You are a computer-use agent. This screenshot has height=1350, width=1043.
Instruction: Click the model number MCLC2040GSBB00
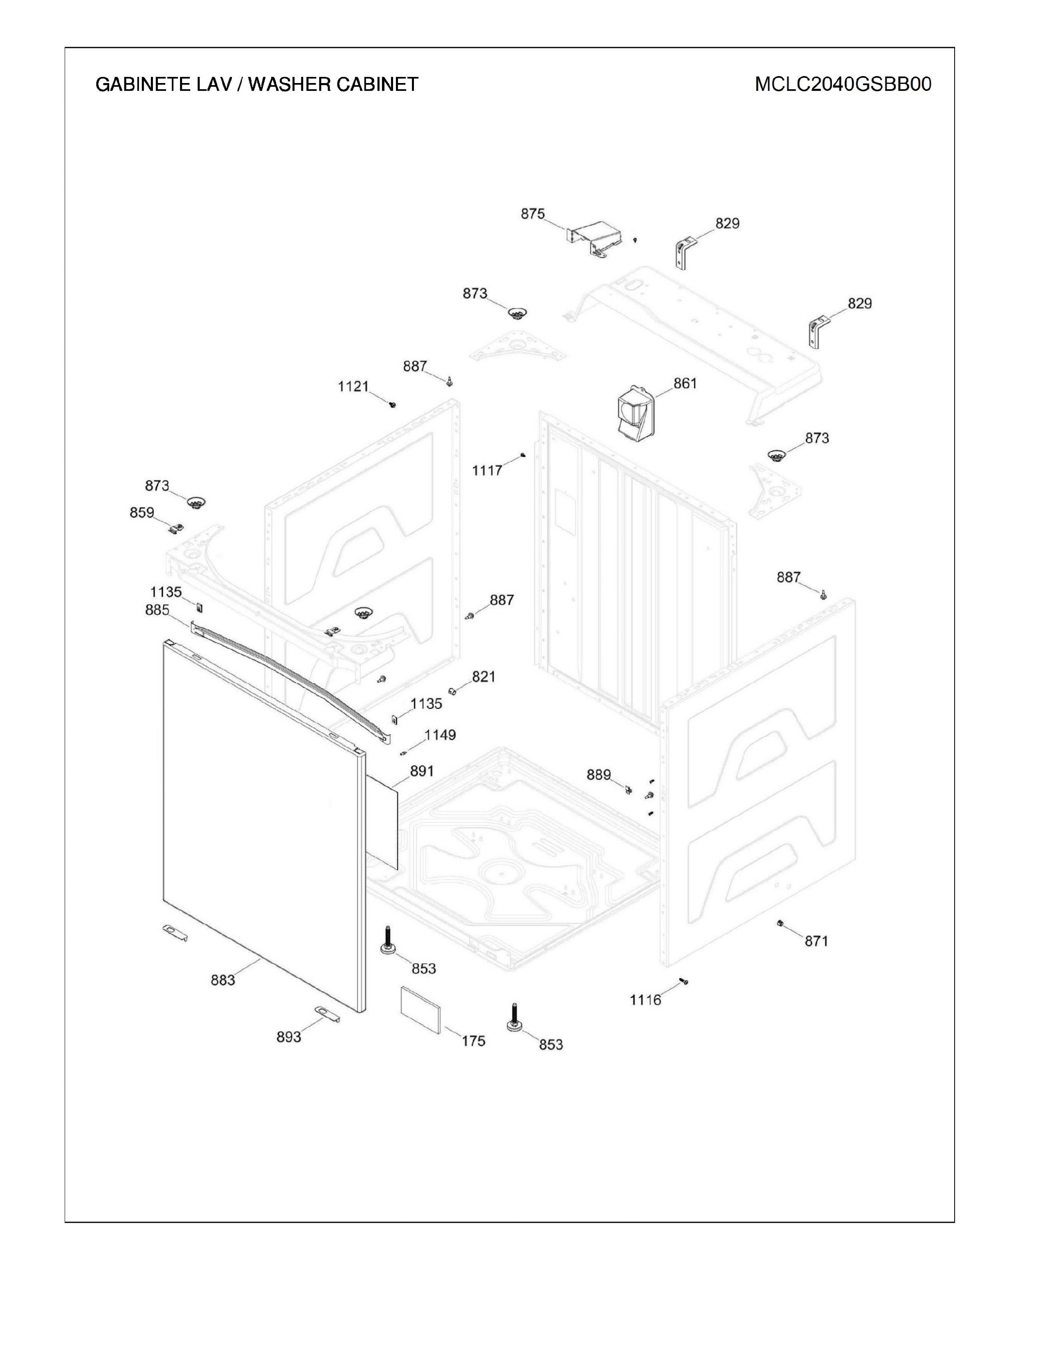843,84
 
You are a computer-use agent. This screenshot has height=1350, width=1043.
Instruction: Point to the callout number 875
533,214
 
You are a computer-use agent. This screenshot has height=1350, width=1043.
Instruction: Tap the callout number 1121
353,386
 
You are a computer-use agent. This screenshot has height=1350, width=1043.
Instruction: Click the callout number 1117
488,470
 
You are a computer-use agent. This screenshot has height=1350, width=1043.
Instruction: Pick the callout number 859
142,513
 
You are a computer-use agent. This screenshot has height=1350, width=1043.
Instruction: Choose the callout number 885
157,610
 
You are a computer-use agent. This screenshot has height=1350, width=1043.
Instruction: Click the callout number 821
484,677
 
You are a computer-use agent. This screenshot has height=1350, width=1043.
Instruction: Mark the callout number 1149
440,735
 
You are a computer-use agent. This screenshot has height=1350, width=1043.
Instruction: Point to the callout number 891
422,772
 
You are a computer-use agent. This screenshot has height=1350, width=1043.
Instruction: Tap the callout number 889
599,774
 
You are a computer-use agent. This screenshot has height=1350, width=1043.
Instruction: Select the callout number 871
816,941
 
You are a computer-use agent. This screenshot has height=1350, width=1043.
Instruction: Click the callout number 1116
646,999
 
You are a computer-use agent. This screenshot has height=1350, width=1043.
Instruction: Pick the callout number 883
223,980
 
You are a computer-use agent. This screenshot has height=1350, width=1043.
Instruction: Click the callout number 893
288,1037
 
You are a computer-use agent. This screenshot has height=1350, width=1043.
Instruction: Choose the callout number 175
473,1041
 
